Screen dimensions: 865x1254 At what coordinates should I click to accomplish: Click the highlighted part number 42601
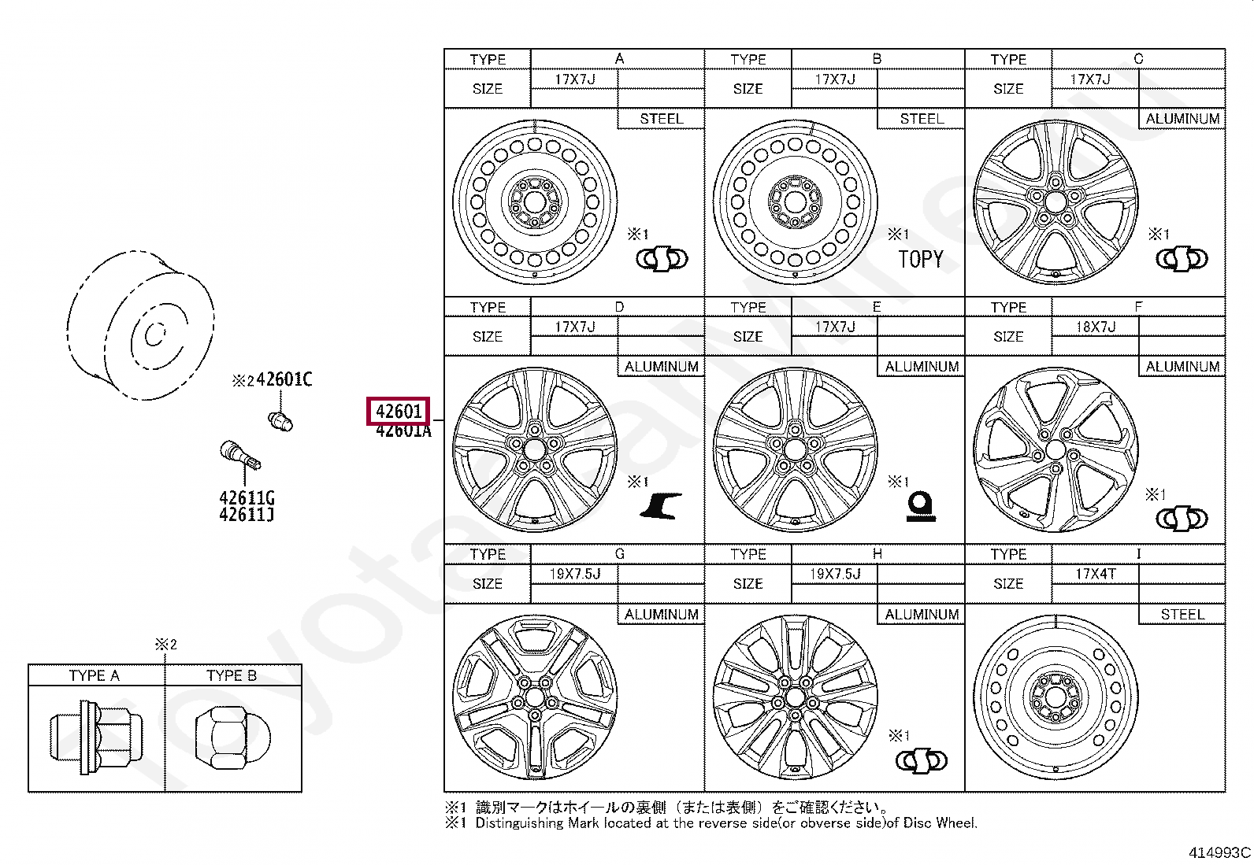tap(399, 411)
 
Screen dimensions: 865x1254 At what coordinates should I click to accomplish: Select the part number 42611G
tap(247, 497)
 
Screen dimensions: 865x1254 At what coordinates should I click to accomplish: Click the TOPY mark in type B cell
tap(920, 259)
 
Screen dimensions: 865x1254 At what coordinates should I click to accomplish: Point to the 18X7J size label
tap(1095, 327)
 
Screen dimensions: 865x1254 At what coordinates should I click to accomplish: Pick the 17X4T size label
tap(1095, 574)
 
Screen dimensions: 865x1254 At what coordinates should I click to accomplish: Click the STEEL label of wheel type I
tap(1182, 614)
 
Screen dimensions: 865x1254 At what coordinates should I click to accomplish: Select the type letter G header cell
tap(619, 554)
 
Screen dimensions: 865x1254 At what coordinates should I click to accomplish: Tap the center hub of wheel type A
tap(535, 202)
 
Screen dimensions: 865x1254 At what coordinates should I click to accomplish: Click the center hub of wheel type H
tap(795, 697)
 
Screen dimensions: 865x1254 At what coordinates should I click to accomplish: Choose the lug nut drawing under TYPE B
tap(232, 737)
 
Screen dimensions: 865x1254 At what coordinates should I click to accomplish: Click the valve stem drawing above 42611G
tap(239, 456)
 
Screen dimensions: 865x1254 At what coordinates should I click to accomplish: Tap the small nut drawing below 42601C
tap(280, 420)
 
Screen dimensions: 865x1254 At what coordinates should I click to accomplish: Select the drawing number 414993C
tap(1219, 852)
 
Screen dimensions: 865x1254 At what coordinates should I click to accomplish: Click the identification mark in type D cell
tap(660, 505)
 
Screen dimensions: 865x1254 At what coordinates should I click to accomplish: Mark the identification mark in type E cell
tap(920, 505)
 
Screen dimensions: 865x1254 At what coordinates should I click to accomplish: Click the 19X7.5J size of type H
tap(835, 574)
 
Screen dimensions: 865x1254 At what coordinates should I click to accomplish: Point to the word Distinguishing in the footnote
tap(519, 823)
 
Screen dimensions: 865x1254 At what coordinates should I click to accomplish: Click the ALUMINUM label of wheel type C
tap(1182, 119)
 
